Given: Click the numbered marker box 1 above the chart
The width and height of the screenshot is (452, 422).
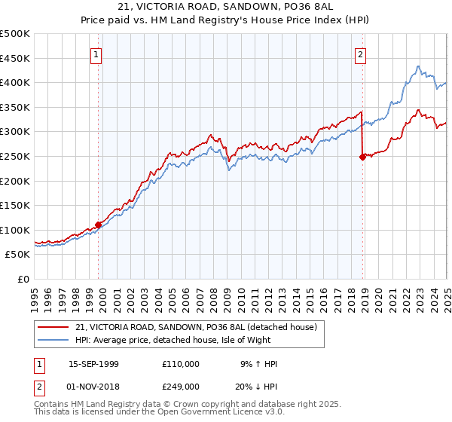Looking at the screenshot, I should [x=97, y=54].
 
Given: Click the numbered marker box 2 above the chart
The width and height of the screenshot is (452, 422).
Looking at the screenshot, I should [x=361, y=54].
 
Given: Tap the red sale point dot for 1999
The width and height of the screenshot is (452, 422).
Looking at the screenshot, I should [x=99, y=225].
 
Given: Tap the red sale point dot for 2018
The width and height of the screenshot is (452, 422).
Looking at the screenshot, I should [x=362, y=157].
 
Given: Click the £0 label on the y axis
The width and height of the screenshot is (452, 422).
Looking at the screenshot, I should [x=23, y=279].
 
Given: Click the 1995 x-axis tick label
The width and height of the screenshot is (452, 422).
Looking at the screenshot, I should [x=35, y=294].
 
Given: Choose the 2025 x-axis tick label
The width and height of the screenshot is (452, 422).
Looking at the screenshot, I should [x=447, y=294].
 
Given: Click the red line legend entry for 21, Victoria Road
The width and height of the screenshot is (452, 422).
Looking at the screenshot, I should [x=200, y=327].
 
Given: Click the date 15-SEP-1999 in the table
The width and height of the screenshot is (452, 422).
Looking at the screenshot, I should [x=93, y=364].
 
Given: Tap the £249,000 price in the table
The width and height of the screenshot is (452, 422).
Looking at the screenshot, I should [x=180, y=387].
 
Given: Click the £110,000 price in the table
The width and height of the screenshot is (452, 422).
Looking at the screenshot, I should [x=180, y=364].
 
